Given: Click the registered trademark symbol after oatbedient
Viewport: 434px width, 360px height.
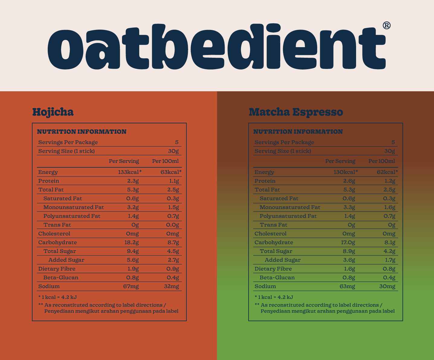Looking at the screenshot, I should click(387, 25).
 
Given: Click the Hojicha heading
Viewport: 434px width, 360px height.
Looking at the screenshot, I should click(53, 112).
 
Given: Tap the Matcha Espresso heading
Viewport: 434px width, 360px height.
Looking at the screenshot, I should click(296, 112).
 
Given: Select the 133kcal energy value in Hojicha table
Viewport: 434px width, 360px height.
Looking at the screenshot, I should click(130, 172).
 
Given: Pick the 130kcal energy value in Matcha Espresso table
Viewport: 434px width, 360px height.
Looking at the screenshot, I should click(346, 172).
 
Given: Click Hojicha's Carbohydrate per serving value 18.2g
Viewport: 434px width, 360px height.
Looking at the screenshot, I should click(132, 242).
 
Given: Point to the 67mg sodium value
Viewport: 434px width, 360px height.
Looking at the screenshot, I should click(131, 286).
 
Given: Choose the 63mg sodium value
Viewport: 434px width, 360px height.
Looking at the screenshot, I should click(347, 286).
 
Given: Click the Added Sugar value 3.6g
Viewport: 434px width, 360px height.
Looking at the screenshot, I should click(349, 260).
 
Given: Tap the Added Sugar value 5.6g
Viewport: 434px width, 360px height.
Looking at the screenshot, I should click(133, 260).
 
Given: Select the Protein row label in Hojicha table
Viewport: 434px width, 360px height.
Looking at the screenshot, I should click(49, 181).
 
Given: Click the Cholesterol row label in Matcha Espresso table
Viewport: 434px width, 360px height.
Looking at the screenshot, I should click(270, 234).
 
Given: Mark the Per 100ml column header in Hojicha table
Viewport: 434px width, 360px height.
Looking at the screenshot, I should click(165, 161).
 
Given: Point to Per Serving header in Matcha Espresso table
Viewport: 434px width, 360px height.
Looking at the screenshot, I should click(340, 161).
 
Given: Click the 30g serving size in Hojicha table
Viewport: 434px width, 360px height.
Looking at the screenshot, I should click(173, 151).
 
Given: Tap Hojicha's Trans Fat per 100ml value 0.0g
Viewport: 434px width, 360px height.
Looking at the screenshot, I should click(173, 225).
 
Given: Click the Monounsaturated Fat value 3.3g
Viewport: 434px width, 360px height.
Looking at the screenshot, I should click(349, 207).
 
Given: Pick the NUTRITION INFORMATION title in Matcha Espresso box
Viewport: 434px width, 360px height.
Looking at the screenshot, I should click(298, 132).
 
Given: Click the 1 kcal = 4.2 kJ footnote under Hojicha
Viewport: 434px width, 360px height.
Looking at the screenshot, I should click(58, 297).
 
